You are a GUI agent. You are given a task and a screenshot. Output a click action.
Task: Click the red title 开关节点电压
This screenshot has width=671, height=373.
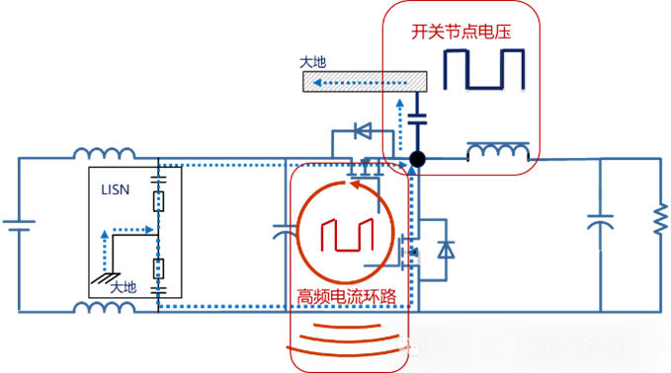point(461,32)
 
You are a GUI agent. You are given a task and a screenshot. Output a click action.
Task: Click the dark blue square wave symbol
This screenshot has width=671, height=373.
point(482,70)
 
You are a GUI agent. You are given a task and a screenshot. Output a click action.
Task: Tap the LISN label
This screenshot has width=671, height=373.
point(115,188)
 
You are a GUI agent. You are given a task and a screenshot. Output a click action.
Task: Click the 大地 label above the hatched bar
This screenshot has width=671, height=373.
point(313,61)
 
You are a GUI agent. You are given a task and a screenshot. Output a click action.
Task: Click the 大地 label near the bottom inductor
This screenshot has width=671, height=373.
point(123,286)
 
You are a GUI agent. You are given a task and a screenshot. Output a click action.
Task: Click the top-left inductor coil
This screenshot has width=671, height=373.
point(105,155)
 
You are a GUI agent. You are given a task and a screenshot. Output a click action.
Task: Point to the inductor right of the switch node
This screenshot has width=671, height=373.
point(497,151)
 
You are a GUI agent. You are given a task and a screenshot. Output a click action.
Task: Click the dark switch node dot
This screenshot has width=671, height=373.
point(417,159)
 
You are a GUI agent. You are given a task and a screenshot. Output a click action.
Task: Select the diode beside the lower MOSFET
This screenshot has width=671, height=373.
point(447,248)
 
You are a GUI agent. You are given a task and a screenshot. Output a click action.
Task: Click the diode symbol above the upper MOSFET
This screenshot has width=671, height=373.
point(362,129)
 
